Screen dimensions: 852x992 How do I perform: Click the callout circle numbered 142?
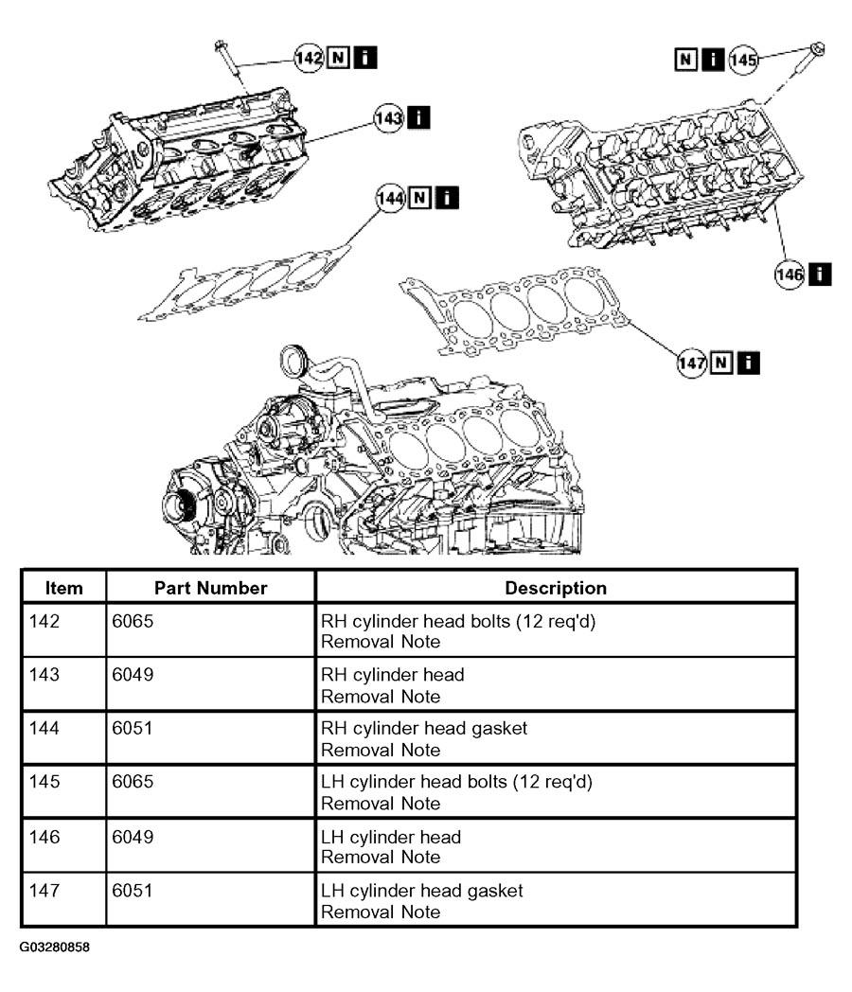pyautogui.click(x=309, y=58)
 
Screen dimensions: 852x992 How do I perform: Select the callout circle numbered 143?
pyautogui.click(x=388, y=117)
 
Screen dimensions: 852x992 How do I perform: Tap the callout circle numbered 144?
pyautogui.click(x=390, y=198)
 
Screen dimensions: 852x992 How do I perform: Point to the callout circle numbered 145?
pyautogui.click(x=742, y=60)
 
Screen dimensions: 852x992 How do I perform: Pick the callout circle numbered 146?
pyautogui.click(x=790, y=275)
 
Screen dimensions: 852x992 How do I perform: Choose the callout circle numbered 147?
pyautogui.click(x=692, y=363)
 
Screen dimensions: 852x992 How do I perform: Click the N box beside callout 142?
pyautogui.click(x=338, y=58)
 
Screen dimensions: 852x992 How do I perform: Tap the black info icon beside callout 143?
pyautogui.click(x=418, y=117)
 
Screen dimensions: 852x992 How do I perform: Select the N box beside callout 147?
pyautogui.click(x=721, y=363)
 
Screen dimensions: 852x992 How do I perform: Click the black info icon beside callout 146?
pyautogui.click(x=820, y=274)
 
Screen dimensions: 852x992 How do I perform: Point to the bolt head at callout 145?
pyautogui.click(x=817, y=48)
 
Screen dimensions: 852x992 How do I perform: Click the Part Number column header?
pyautogui.click(x=210, y=588)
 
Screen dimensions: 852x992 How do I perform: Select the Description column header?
pyautogui.click(x=556, y=588)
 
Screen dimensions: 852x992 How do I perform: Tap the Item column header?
pyautogui.click(x=63, y=588)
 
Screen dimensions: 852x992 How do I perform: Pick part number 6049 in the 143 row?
pyautogui.click(x=133, y=674)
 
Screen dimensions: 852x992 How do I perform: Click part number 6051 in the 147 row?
pyautogui.click(x=133, y=891)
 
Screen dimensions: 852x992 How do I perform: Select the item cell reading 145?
pyautogui.click(x=44, y=781)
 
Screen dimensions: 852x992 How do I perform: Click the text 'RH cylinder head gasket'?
pyautogui.click(x=424, y=728)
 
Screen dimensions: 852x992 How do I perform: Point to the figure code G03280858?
pyautogui.click(x=54, y=948)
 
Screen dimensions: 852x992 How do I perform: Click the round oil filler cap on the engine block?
pyautogui.click(x=293, y=362)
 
